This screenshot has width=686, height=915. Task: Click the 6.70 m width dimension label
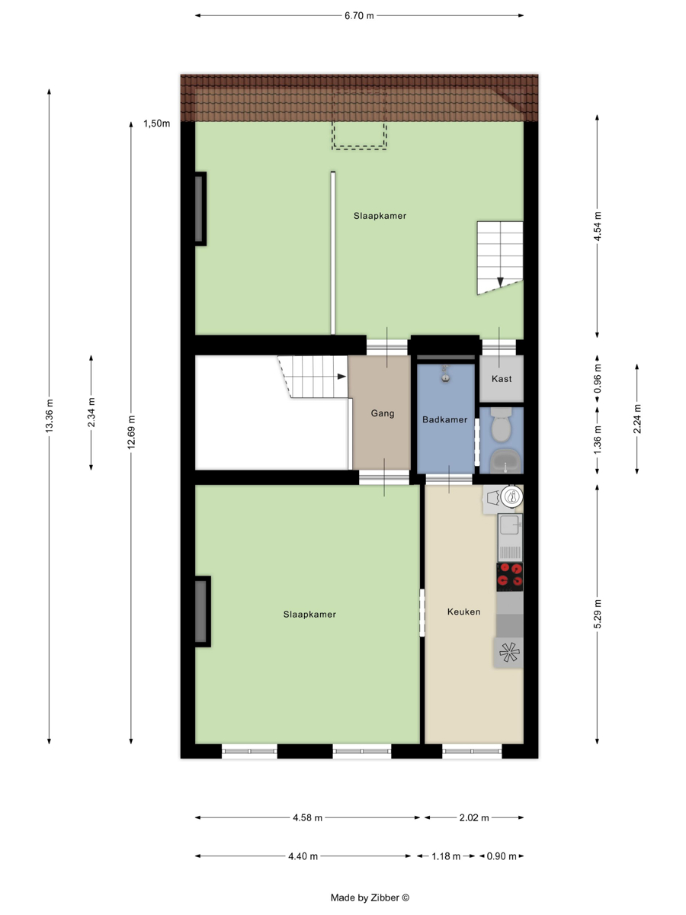click(x=358, y=16)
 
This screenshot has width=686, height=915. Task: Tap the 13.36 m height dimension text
click(x=49, y=416)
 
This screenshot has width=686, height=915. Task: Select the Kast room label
click(x=501, y=379)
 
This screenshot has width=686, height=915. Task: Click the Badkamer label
click(x=444, y=419)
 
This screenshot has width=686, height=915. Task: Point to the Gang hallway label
click(x=383, y=413)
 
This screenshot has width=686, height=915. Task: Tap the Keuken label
click(x=463, y=612)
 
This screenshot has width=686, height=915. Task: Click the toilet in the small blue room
click(x=501, y=425)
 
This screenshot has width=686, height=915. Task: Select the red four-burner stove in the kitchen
click(x=509, y=576)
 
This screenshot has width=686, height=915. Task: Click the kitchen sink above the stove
click(x=510, y=537)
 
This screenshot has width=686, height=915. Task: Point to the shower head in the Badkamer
click(x=446, y=374)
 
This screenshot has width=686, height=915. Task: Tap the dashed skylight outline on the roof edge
click(x=359, y=120)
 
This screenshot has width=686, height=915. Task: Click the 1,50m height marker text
click(x=156, y=124)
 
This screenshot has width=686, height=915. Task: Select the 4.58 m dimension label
click(x=307, y=817)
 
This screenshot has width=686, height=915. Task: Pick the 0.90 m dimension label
click(x=502, y=856)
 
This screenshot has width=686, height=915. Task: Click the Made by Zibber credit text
click(x=370, y=897)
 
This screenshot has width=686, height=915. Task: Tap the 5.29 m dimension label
click(x=598, y=614)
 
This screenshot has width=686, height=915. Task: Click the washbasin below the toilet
click(x=505, y=461)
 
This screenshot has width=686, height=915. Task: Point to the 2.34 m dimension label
click(x=91, y=413)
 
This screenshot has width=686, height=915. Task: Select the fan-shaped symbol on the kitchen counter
click(x=509, y=653)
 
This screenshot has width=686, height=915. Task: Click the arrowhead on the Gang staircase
click(x=341, y=377)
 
